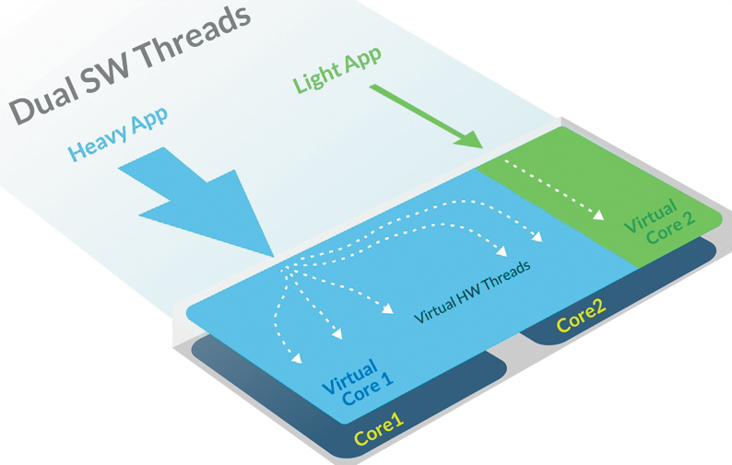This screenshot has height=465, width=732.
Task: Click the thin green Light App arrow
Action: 424,115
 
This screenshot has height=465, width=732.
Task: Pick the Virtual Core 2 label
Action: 655,221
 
